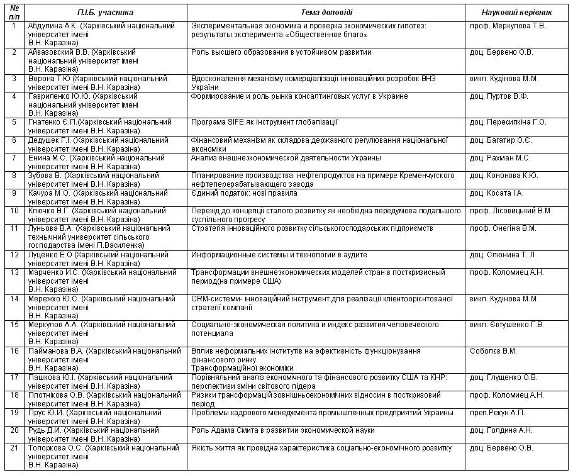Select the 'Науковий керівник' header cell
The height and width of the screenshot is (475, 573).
point(516,13)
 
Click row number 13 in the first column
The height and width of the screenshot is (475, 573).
point(14,272)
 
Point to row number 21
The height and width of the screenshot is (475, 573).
point(14,448)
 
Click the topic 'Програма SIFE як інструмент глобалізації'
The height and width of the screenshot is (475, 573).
point(264,122)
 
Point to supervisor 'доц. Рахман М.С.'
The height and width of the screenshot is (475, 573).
point(500,157)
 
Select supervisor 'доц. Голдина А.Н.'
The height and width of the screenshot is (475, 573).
point(501,430)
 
